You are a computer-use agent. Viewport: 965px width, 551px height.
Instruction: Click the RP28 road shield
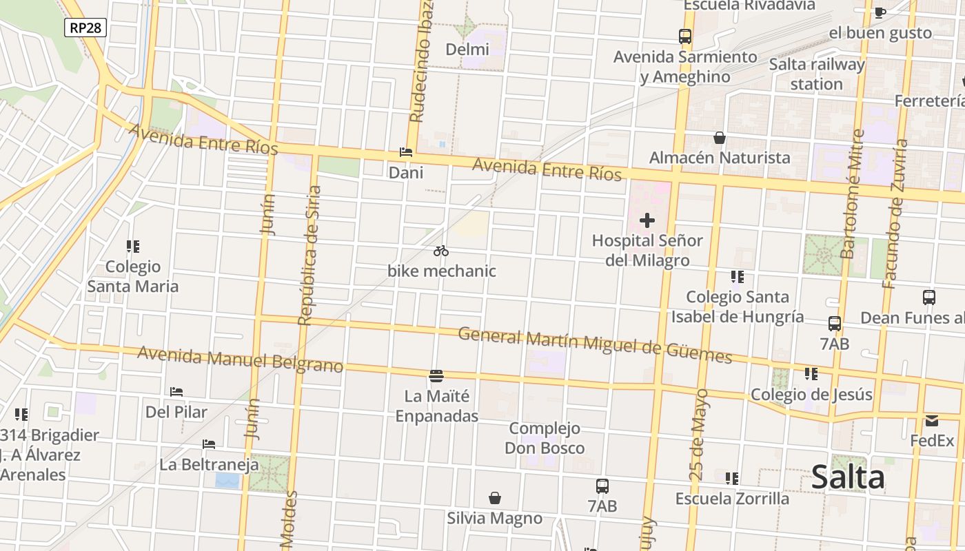tap(86, 28)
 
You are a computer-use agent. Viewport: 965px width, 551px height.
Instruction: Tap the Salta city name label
tap(848, 477)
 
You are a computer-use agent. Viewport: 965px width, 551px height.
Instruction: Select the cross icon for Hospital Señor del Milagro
tap(647, 220)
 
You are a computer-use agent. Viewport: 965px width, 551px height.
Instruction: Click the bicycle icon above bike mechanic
tap(441, 251)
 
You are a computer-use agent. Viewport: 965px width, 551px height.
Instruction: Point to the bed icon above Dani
tap(406, 152)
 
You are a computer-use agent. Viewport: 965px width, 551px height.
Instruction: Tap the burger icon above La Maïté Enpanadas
tap(436, 375)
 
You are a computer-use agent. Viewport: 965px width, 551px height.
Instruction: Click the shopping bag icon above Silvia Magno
tap(495, 497)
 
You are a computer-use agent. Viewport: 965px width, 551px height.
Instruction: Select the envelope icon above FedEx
tap(932, 420)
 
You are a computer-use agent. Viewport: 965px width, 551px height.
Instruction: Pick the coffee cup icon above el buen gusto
tap(880, 12)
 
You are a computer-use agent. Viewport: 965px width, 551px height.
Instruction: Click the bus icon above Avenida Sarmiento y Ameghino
tap(684, 37)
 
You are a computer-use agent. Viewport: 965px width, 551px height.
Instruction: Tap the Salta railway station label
tap(817, 74)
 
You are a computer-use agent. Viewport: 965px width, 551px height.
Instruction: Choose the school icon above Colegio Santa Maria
tap(133, 246)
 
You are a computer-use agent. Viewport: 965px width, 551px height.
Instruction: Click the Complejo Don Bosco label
tap(545, 438)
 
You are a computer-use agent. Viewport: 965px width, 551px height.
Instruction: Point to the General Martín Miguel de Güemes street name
tap(594, 345)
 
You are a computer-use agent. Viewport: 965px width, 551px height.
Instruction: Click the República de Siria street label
tap(309, 255)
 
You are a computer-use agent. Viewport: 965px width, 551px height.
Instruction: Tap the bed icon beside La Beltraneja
tap(209, 444)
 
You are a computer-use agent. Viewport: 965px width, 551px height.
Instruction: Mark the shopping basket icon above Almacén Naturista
tap(720, 138)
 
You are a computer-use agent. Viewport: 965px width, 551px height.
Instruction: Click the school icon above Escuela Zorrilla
tap(732, 478)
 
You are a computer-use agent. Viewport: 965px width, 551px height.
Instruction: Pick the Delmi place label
tap(467, 50)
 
